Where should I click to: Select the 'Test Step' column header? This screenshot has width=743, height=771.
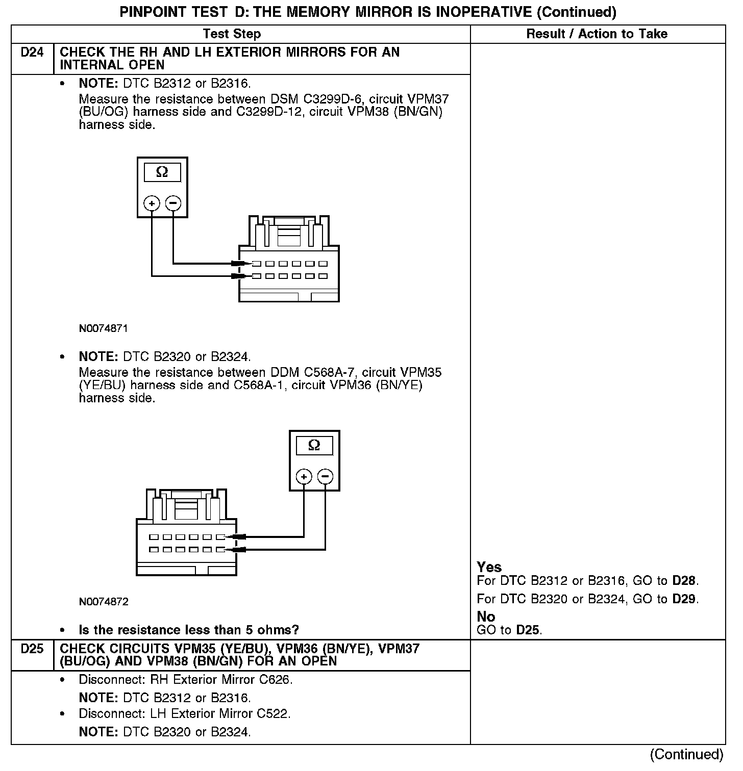click(x=232, y=34)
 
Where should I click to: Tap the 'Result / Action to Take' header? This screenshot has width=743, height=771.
click(x=597, y=34)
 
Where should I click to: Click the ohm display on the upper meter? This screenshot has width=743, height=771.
click(x=162, y=172)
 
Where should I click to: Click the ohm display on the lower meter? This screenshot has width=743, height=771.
click(x=314, y=446)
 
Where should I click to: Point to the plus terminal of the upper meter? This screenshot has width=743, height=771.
click(x=152, y=203)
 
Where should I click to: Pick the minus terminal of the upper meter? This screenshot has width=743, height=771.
click(x=174, y=203)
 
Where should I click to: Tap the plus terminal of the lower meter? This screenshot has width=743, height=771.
click(x=304, y=477)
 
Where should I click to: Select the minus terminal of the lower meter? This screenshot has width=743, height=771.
click(x=326, y=477)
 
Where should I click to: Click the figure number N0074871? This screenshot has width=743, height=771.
click(x=104, y=328)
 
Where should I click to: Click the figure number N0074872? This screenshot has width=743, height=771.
click(x=104, y=602)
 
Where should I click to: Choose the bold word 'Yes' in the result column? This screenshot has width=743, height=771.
click(x=489, y=567)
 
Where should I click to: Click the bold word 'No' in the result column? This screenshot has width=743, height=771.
click(x=486, y=617)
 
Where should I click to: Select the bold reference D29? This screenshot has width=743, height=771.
click(x=684, y=599)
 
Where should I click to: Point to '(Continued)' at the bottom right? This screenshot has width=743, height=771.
click(x=687, y=754)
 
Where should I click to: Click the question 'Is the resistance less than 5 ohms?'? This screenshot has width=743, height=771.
click(x=189, y=630)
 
